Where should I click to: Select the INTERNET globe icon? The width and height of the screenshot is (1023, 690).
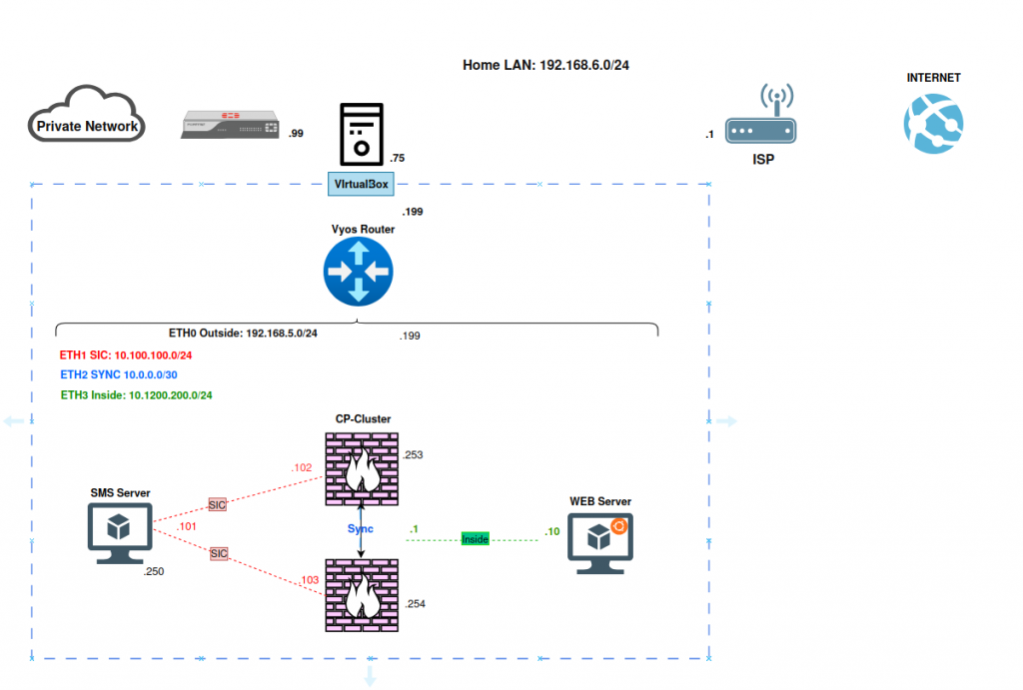[934, 124]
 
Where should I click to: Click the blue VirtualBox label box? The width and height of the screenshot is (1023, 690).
[361, 184]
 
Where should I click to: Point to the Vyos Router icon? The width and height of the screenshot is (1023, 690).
[359, 272]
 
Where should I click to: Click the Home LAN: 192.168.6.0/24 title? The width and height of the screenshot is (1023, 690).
[545, 65]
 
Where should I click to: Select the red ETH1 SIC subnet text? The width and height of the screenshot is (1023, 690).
[125, 355]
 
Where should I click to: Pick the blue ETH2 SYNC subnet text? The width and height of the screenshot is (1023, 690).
[119, 375]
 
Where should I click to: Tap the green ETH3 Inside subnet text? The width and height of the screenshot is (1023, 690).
[136, 395]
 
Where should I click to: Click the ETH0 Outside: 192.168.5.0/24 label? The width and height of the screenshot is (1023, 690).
[243, 334]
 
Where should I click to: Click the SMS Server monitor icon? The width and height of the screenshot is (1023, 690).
[120, 533]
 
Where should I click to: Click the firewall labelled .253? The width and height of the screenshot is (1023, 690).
[362, 469]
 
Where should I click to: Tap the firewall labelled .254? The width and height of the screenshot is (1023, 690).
[362, 595]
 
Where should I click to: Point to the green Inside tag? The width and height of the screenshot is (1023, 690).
[475, 539]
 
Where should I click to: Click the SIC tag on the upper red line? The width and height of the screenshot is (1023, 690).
[217, 505]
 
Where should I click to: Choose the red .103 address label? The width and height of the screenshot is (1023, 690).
[310, 580]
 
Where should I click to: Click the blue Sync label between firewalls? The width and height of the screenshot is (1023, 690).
[360, 529]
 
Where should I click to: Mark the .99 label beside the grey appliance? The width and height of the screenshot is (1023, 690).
[296, 134]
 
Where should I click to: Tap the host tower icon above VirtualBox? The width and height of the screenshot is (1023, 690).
[362, 135]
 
